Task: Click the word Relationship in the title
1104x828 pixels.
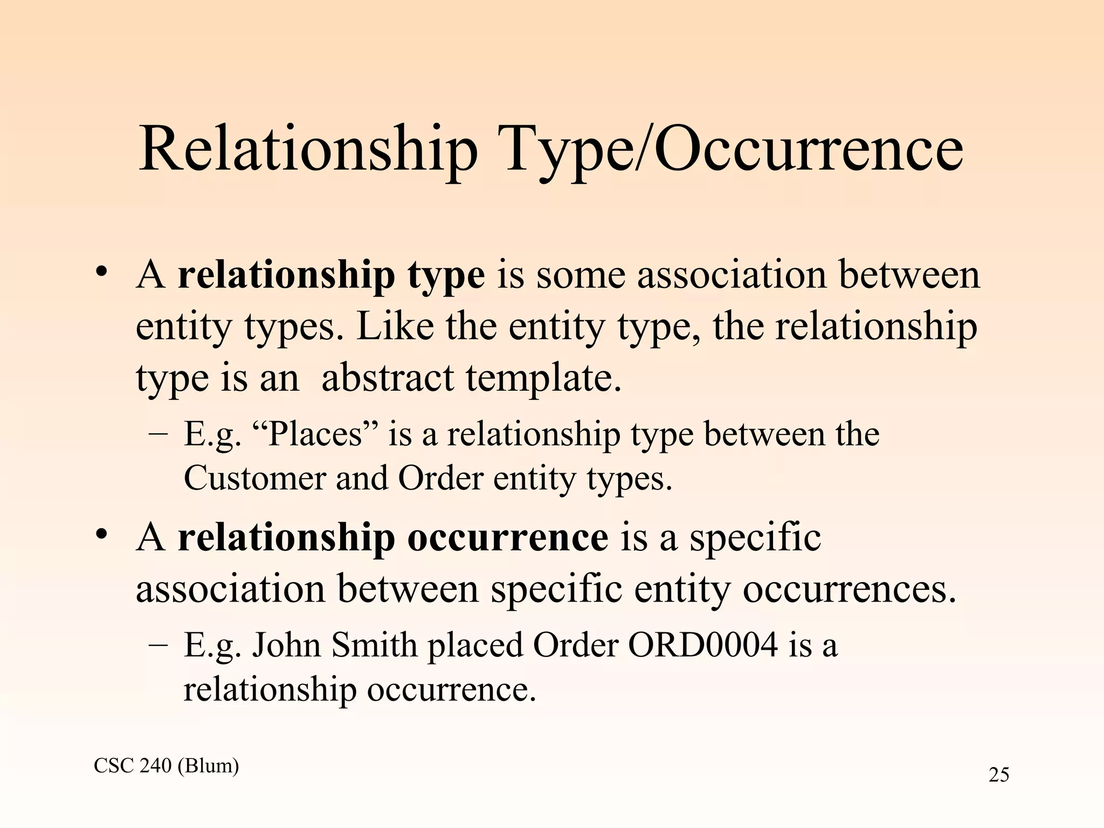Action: tap(308, 149)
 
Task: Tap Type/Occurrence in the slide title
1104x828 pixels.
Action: tap(734, 149)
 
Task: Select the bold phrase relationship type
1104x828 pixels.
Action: tap(331, 276)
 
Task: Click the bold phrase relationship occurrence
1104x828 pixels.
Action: tap(393, 538)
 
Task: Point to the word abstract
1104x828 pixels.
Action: tap(388, 378)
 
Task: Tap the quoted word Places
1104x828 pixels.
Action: tap(315, 434)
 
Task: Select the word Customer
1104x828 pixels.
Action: tap(256, 478)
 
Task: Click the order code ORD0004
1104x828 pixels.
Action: tap(703, 645)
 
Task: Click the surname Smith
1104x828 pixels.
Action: tap(374, 645)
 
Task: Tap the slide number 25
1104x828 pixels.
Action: tap(999, 775)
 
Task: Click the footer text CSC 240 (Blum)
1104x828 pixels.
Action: tap(166, 765)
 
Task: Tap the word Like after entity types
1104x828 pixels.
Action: tap(395, 327)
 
